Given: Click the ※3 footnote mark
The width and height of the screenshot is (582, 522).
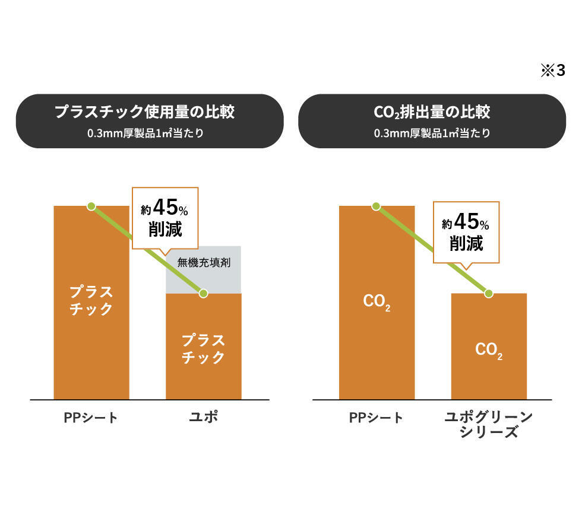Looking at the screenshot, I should point(553,71).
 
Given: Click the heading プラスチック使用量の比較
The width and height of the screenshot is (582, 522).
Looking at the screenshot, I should point(145,112).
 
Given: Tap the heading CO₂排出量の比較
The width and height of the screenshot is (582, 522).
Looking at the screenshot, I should point(432,112).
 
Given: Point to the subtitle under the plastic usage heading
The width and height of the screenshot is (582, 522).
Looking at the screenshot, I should point(145,133).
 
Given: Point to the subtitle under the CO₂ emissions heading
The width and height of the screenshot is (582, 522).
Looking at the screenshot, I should point(432,133).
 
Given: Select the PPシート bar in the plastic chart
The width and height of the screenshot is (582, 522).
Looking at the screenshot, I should point(91,332).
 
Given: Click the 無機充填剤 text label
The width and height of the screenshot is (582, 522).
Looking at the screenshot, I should point(203,262).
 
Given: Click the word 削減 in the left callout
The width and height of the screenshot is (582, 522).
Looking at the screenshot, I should point(165,230).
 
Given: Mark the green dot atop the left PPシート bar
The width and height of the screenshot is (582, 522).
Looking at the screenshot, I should point(91,206).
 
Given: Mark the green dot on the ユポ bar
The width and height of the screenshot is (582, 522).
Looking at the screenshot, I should point(204,293).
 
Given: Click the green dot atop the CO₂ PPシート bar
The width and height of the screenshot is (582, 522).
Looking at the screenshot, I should point(376,206).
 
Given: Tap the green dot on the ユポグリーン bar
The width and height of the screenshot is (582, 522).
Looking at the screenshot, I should point(489,293).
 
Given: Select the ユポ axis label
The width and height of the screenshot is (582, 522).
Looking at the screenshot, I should point(203,417).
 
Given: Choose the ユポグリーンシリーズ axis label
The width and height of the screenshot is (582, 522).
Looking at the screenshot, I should point(489,424).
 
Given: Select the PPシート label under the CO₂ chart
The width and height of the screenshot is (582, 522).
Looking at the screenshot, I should point(376,418).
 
